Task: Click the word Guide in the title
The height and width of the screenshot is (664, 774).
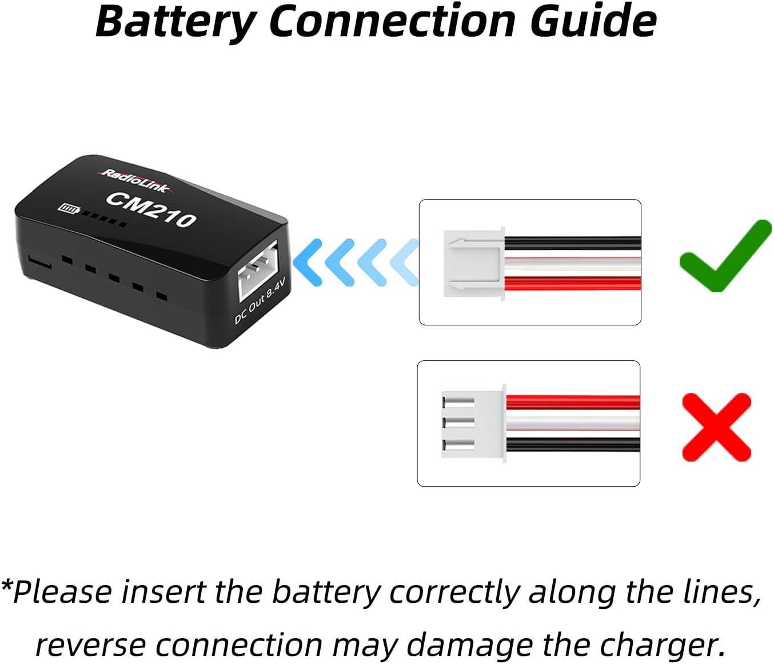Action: click(593, 21)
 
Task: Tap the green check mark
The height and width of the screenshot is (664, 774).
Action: click(725, 256)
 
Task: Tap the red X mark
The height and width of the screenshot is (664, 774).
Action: click(717, 427)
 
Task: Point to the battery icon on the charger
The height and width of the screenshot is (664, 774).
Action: click(69, 209)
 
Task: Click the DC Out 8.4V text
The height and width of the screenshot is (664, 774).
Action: click(260, 301)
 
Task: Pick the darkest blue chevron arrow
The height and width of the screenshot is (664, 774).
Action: click(307, 263)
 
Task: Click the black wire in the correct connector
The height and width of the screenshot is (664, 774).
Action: click(573, 243)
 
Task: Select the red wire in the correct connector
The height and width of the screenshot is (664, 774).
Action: click(573, 284)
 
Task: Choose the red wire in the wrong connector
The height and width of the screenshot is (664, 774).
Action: click(573, 402)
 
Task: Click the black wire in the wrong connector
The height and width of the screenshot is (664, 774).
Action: click(573, 445)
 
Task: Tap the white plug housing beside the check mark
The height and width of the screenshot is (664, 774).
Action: click(474, 264)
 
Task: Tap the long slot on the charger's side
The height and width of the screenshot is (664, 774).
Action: click(39, 262)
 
